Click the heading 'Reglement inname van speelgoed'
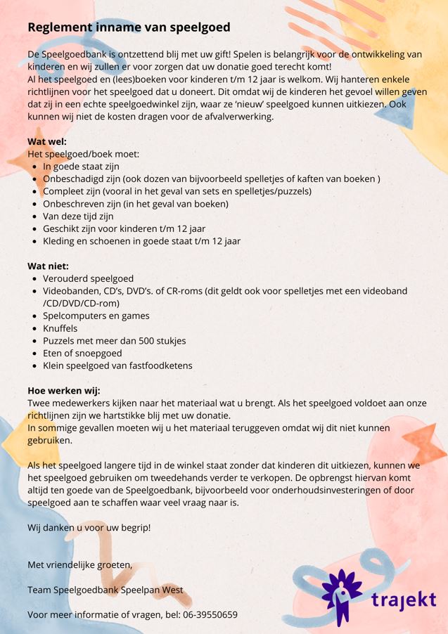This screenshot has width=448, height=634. pos(129,27)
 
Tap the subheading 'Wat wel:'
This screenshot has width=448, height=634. pos(47,141)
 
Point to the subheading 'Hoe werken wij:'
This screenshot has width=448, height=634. pos(64,391)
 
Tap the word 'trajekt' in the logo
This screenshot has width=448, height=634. pos(403,601)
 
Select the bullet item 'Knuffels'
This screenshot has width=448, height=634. pos(60,328)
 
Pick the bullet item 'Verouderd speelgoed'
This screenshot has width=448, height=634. pos(88,278)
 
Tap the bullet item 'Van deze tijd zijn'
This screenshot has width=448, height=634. pos(78,216)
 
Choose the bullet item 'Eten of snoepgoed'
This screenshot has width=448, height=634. pos(82,353)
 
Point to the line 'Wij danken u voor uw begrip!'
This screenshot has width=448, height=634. pos(89,527)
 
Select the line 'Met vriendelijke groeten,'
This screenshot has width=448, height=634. pos(79,565)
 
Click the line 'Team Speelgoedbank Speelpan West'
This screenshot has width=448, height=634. pos(105,590)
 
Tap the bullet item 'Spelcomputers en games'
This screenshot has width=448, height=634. pos(96,316)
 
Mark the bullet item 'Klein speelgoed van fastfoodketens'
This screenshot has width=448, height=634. pos(117,365)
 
